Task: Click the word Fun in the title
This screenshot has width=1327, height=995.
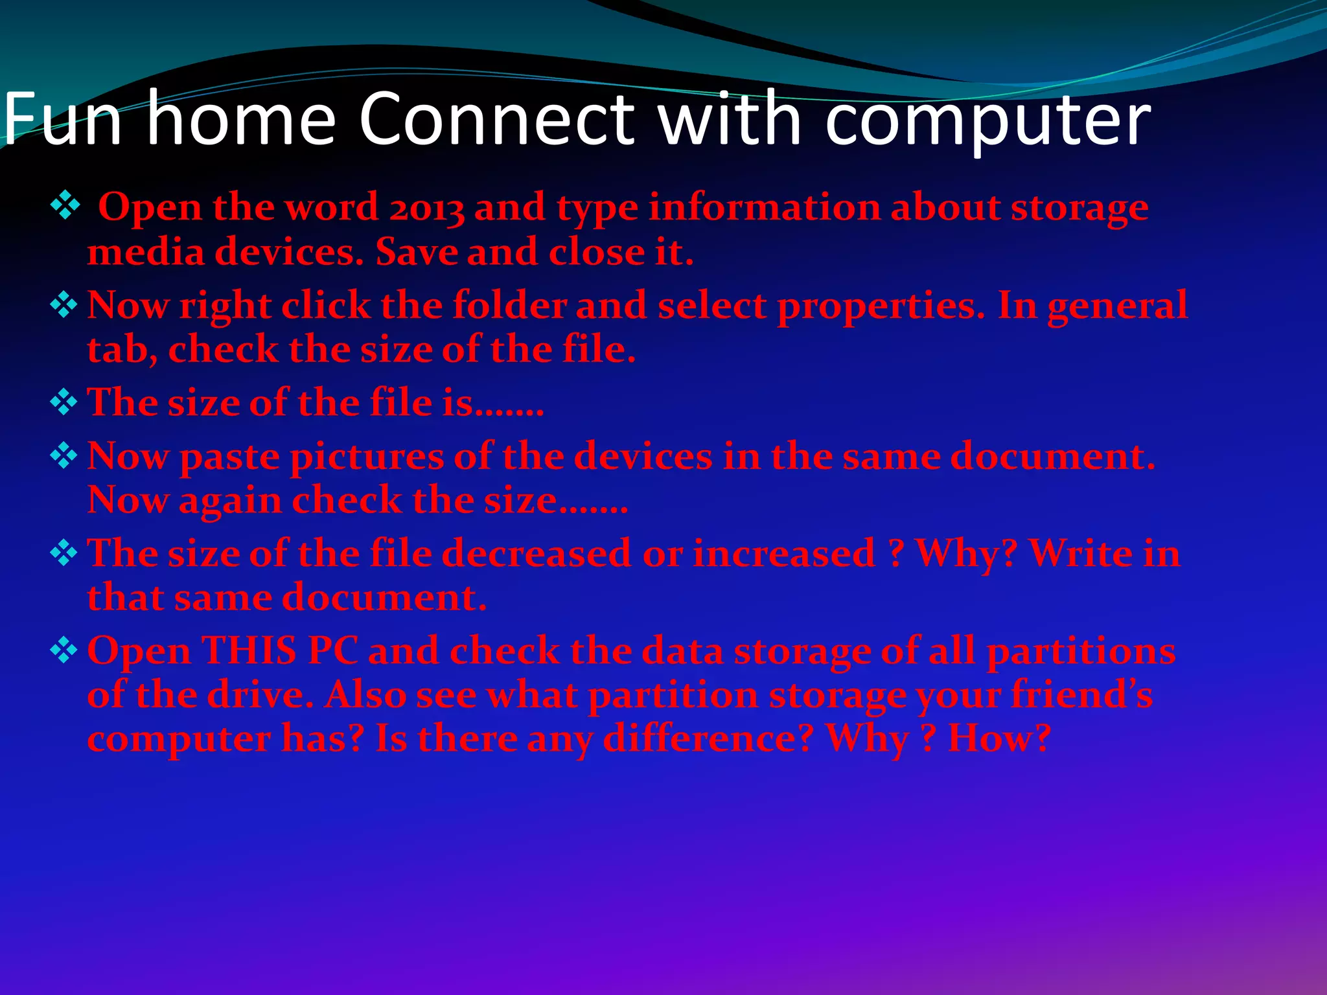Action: [62, 119]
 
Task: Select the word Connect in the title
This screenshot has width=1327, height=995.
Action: [496, 119]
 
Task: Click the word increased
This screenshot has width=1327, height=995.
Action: [783, 554]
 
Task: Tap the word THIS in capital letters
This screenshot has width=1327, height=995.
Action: [249, 650]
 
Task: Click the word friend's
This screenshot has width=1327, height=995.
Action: [1081, 695]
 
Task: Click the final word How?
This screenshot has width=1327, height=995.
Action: [998, 738]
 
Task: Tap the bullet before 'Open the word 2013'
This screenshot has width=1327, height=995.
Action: [65, 207]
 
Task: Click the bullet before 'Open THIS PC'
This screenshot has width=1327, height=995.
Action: [64, 650]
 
